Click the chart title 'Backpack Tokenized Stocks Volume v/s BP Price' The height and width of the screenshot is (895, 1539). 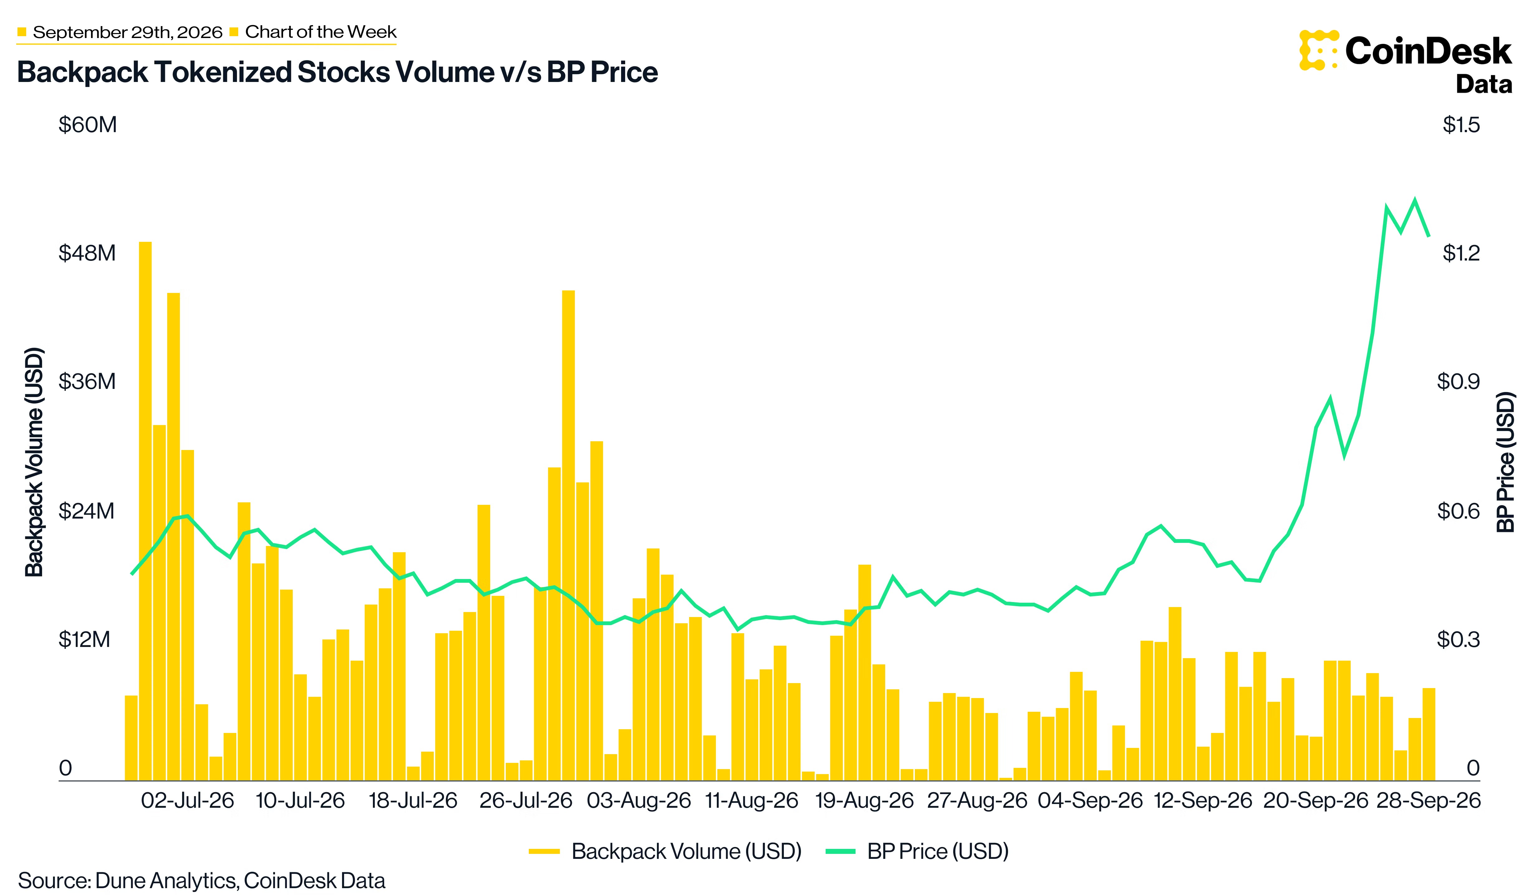pyautogui.click(x=337, y=72)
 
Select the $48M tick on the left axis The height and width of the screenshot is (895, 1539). pyautogui.click(x=87, y=253)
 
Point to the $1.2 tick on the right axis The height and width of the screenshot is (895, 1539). pyautogui.click(x=1461, y=253)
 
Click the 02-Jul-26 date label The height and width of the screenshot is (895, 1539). pyautogui.click(x=187, y=800)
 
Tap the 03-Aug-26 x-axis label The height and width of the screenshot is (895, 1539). pyautogui.click(x=639, y=800)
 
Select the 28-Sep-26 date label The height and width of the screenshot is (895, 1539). pyautogui.click(x=1428, y=800)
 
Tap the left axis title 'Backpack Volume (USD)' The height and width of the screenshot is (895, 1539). pyautogui.click(x=34, y=462)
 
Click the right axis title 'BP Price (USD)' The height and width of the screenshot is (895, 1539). pyautogui.click(x=1506, y=462)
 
